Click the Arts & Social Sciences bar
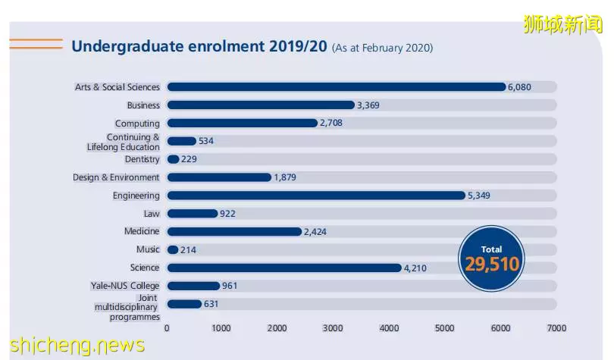point(337,87)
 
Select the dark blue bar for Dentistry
point(173,159)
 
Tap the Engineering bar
point(316,196)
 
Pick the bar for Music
point(173,249)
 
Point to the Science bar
point(284,268)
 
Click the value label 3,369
point(368,105)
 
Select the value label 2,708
point(331,123)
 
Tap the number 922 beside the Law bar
point(227,214)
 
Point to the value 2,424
point(315,232)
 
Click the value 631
point(211,304)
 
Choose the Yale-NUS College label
point(125,286)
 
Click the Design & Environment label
point(116,177)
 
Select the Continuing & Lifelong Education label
point(124,142)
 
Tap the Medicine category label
point(142,231)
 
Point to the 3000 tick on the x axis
point(333,328)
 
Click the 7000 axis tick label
point(556,328)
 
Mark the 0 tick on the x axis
point(167,328)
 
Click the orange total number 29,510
point(492,265)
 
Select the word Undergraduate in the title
point(127,46)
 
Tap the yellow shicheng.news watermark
point(77,345)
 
